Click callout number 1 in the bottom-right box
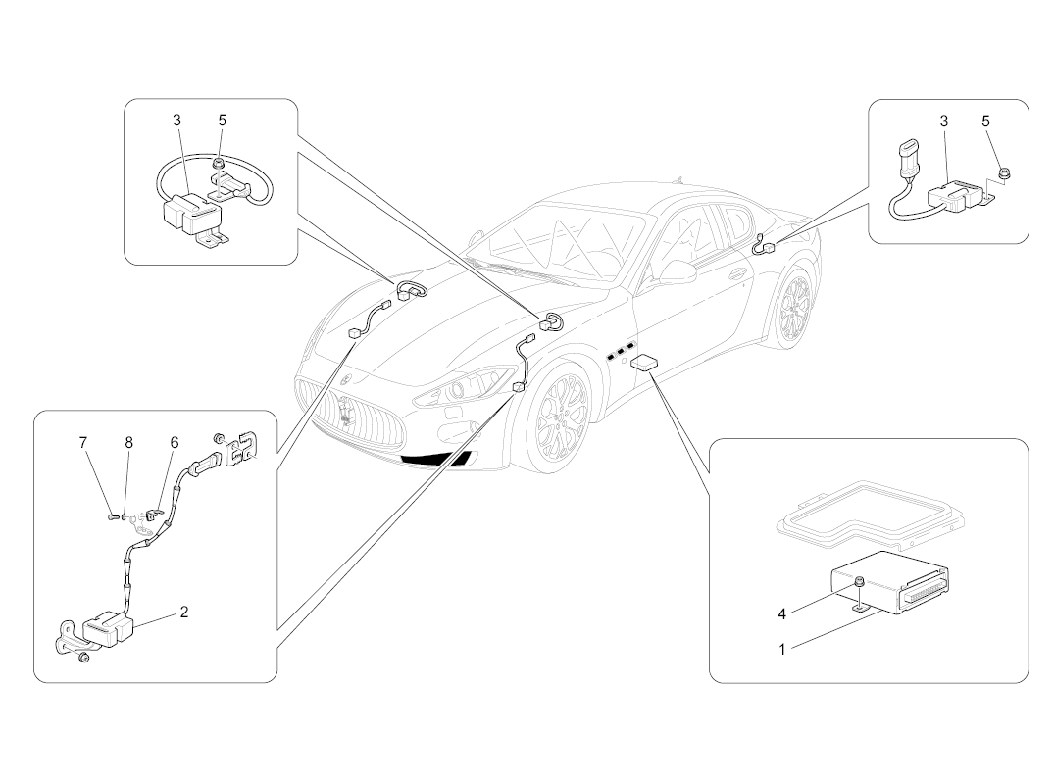click(781, 648)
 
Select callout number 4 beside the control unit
click(781, 614)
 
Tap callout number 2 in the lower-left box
click(183, 612)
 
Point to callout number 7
click(83, 443)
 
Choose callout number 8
click(128, 443)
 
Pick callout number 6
click(174, 443)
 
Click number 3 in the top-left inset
click(176, 121)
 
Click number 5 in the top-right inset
click(985, 121)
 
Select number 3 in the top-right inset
click(943, 121)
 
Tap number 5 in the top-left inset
click(222, 121)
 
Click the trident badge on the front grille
click(344, 413)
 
